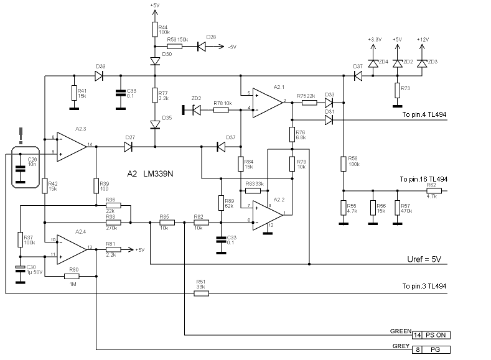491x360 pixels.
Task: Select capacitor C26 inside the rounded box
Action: click(20, 167)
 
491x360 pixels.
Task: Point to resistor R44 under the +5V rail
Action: click(154, 29)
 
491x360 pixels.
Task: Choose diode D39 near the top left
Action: click(98, 76)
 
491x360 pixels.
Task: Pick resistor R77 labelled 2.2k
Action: click(154, 95)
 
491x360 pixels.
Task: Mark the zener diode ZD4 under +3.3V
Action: click(373, 63)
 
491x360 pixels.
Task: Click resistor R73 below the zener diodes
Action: click(397, 90)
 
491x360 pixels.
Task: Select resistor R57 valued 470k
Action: click(397, 207)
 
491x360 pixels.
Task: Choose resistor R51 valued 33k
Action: click(201, 294)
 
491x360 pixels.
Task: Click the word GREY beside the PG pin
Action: click(400, 346)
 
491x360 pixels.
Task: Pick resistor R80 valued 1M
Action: click(73, 277)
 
